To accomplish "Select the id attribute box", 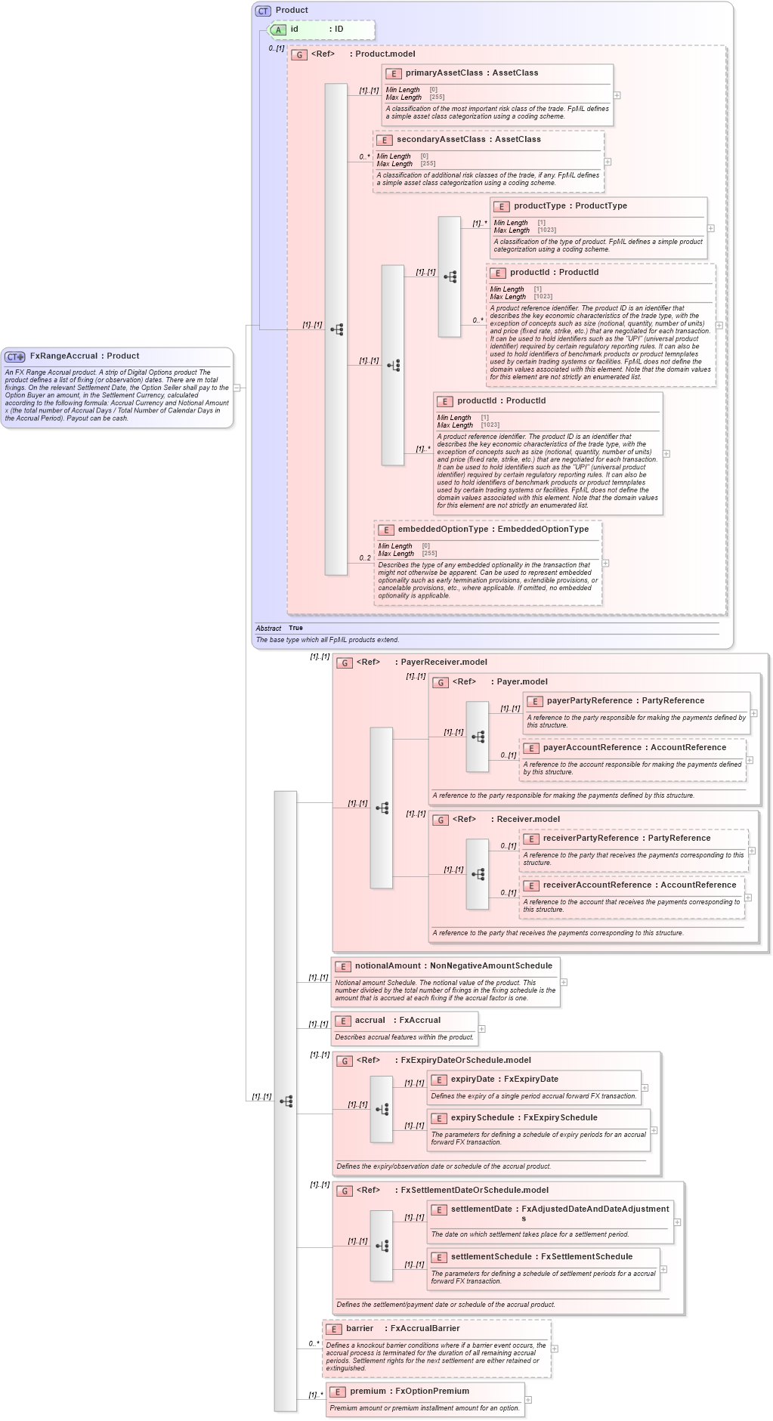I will tap(321, 29).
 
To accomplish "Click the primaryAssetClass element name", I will tap(444, 73).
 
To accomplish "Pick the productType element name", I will tap(540, 206).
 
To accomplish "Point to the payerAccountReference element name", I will tap(592, 748).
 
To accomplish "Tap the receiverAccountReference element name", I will tap(593, 885).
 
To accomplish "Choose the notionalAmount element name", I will tap(388, 966).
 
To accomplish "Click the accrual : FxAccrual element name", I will tap(369, 1021).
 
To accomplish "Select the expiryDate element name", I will tap(472, 1080).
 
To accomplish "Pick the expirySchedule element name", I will tap(482, 1118).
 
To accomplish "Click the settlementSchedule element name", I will tap(491, 1257).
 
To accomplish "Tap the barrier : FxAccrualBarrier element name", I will tap(360, 1329).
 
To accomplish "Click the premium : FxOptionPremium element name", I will tap(367, 1392).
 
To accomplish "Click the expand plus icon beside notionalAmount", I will tap(564, 982).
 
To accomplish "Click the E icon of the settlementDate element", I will tap(439, 1210).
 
